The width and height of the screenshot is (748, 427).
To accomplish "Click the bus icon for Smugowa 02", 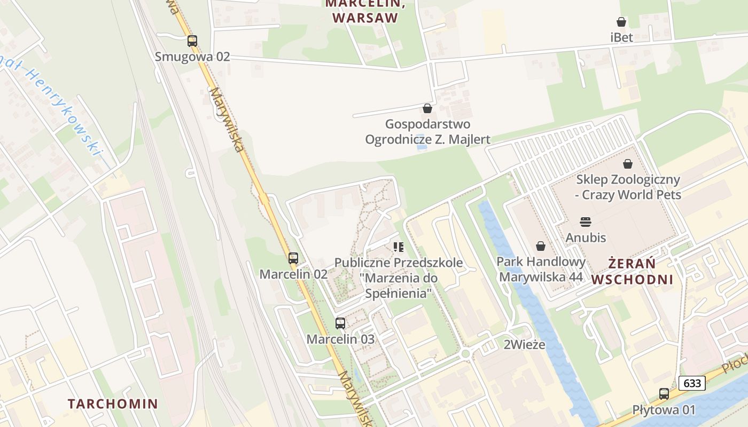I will [x=192, y=41].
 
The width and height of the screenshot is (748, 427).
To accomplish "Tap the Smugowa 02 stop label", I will [x=192, y=57].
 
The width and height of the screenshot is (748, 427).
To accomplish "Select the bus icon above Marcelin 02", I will [x=293, y=258].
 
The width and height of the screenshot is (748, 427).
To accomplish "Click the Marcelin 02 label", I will [x=293, y=274].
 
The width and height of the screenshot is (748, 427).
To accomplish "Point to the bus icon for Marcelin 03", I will [x=340, y=323].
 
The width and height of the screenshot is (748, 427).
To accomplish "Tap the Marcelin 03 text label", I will [x=340, y=339].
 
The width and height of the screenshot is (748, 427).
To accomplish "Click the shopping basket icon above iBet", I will [x=621, y=22].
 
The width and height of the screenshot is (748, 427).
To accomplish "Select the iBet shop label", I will [x=621, y=37].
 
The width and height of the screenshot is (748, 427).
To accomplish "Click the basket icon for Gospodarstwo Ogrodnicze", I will [x=427, y=108].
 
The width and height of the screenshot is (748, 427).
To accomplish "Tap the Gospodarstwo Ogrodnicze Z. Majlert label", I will [x=427, y=132].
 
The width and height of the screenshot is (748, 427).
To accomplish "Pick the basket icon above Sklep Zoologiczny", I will [x=628, y=164].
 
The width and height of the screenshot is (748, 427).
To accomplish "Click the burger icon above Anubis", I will [x=586, y=222].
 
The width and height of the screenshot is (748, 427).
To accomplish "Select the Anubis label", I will [x=586, y=237].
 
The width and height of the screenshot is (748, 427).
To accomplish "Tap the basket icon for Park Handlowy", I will [x=541, y=246].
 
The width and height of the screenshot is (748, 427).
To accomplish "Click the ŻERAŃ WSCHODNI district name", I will [x=632, y=271].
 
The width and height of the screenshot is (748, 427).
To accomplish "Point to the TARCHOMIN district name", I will [x=113, y=404].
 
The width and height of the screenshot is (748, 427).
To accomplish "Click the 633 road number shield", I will [x=692, y=383].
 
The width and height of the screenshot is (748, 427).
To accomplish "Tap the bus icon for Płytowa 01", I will [x=664, y=394].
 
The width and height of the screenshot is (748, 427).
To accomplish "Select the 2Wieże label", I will [x=525, y=344].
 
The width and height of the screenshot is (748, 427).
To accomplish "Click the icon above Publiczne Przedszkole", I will [x=398, y=247].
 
